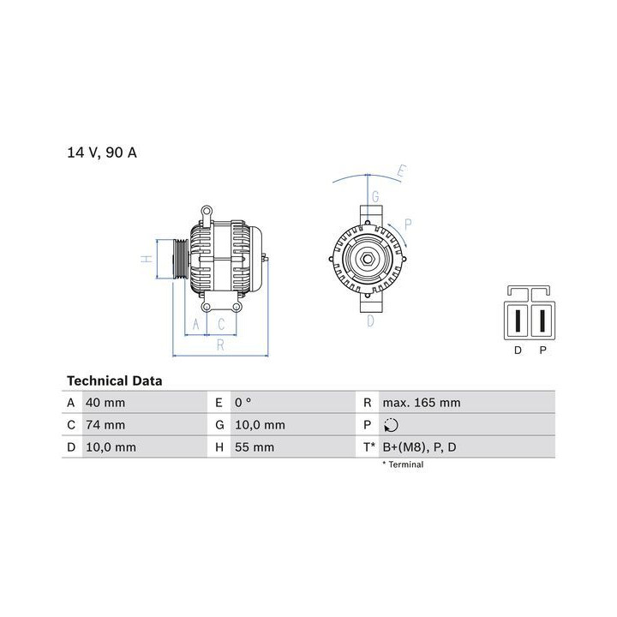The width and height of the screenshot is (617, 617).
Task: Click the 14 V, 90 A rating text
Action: point(102,153)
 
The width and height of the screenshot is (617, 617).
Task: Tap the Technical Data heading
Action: point(115,380)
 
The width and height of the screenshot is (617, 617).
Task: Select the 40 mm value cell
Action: point(105,403)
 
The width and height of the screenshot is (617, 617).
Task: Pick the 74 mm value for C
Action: point(105,425)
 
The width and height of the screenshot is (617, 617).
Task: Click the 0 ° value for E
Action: point(243,403)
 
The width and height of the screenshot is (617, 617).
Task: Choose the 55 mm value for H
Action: point(255,447)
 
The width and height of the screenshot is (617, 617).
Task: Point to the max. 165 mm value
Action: point(422,403)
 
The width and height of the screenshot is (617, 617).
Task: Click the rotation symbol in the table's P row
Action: point(391,425)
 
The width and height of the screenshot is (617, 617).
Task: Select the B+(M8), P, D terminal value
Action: point(419,447)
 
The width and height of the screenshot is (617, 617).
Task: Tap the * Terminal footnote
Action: point(403,464)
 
